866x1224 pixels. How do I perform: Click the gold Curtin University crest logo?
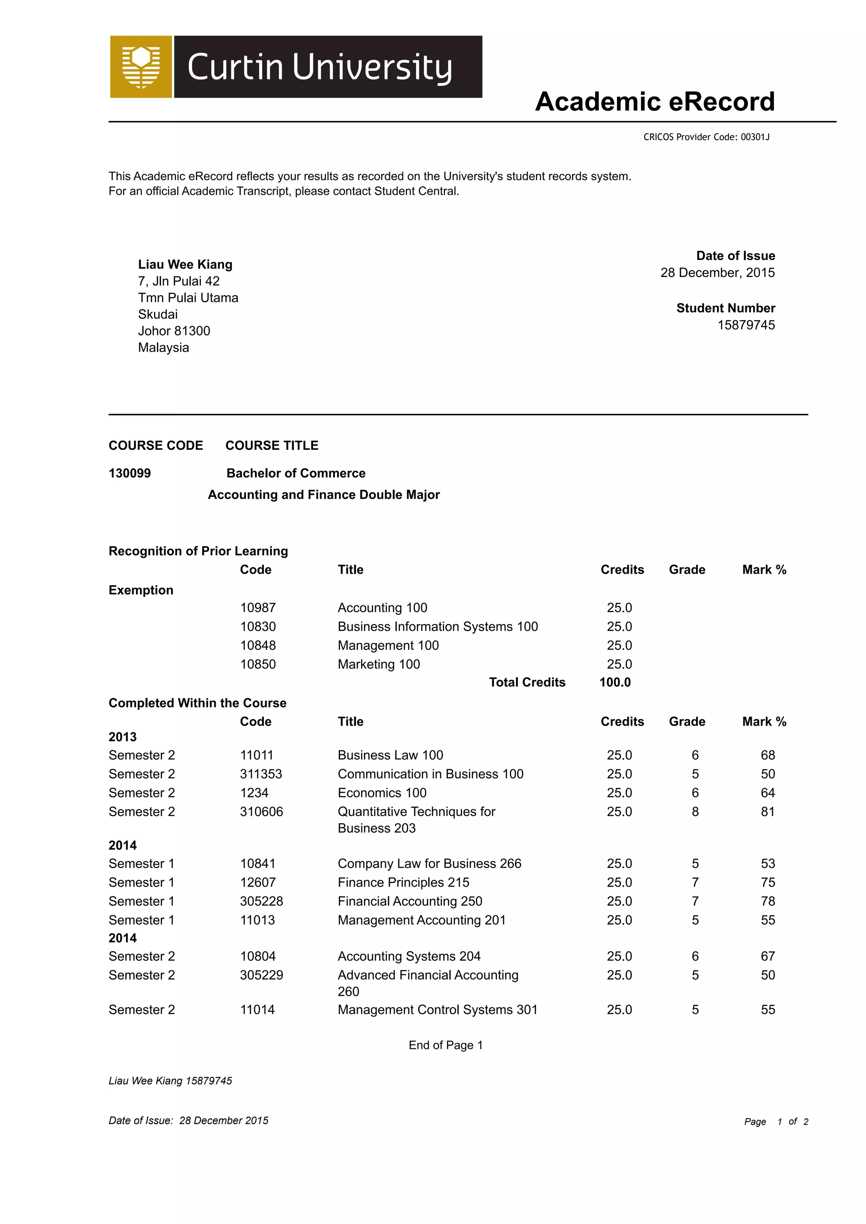(x=141, y=67)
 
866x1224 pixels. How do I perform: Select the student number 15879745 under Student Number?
(x=745, y=325)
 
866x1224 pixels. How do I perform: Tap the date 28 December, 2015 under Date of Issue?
(x=717, y=273)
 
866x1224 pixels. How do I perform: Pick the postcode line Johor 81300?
(x=174, y=331)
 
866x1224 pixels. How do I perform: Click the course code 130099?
(x=129, y=474)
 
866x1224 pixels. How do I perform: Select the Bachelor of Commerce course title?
(x=296, y=474)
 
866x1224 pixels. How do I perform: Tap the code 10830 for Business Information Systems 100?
(x=258, y=627)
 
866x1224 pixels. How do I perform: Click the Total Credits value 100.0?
(x=615, y=682)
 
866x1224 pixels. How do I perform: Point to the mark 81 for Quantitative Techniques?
(x=767, y=811)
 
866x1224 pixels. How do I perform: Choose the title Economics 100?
(x=382, y=793)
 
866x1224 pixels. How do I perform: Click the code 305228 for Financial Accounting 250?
(x=261, y=901)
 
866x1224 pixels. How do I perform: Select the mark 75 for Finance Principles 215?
(x=767, y=882)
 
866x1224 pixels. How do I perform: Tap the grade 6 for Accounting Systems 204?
(x=695, y=956)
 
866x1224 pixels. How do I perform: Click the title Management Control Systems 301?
(x=437, y=1010)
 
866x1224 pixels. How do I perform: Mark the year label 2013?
(x=123, y=737)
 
